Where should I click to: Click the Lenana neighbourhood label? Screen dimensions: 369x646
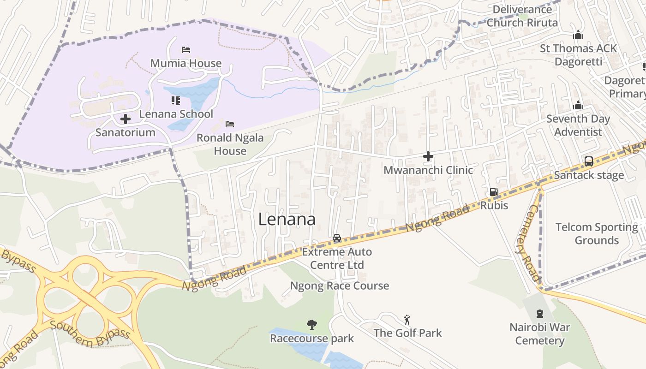(287, 219)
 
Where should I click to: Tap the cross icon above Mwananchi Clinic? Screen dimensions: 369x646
(428, 157)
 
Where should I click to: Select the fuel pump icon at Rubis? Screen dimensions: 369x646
(494, 192)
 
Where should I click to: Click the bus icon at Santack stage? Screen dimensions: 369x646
(589, 161)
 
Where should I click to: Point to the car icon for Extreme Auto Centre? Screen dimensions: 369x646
(337, 238)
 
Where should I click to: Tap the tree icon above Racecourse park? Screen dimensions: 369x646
(312, 325)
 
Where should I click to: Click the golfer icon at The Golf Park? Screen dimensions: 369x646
(407, 320)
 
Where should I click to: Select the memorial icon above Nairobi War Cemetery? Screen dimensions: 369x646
(540, 314)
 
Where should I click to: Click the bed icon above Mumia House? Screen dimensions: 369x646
(186, 50)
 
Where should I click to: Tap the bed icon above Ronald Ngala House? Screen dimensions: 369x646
(230, 124)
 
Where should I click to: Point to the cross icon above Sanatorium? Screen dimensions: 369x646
(125, 119)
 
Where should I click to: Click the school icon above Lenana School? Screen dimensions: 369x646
(176, 100)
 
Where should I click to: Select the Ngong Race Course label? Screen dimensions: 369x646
(339, 286)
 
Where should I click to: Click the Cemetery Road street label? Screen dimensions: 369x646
(526, 249)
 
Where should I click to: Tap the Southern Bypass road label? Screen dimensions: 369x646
(90, 333)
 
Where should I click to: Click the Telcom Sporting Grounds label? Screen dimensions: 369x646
(596, 233)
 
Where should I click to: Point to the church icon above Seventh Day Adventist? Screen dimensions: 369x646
(578, 106)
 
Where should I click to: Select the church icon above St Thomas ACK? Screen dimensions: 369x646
(578, 35)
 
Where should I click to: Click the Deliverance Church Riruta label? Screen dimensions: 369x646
(522, 16)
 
